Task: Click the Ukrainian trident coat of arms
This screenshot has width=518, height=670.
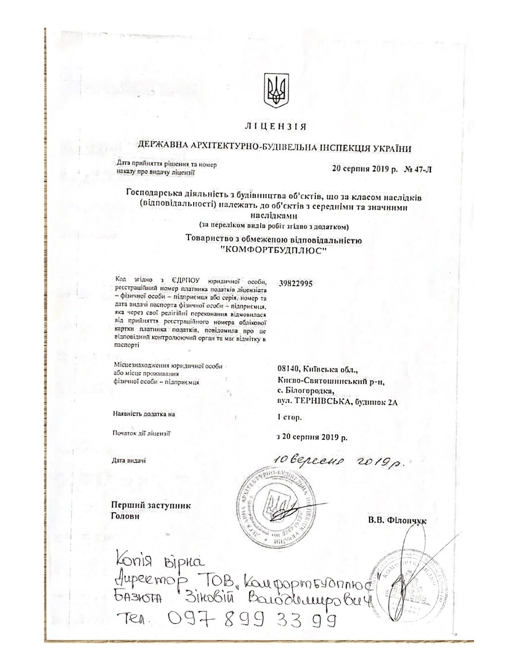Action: coord(276,90)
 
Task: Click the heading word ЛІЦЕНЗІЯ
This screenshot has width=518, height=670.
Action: coord(275,127)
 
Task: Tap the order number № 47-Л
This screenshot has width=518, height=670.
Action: coord(418,169)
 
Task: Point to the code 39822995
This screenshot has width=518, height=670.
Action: coord(295,283)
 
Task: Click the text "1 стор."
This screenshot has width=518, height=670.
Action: coord(289,417)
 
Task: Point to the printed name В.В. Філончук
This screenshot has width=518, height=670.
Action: coord(397,520)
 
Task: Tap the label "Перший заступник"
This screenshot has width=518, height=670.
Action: coord(151,505)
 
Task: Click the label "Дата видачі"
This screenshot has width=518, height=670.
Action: coord(129,460)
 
